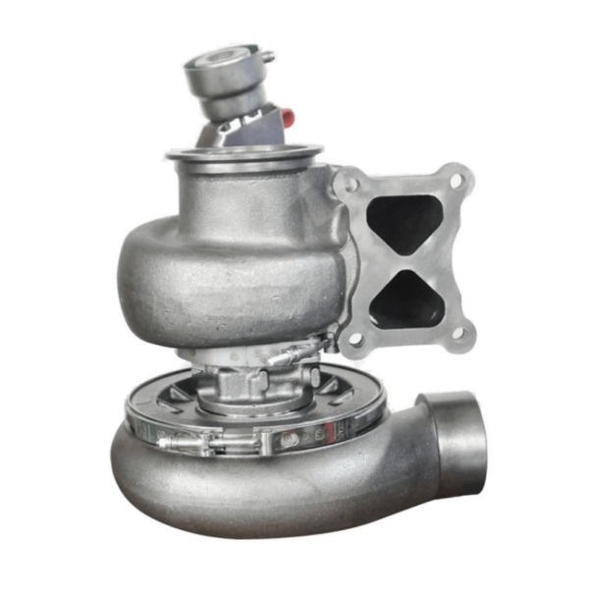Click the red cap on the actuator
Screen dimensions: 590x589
point(288,119)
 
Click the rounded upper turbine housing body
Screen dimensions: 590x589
point(196,265)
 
